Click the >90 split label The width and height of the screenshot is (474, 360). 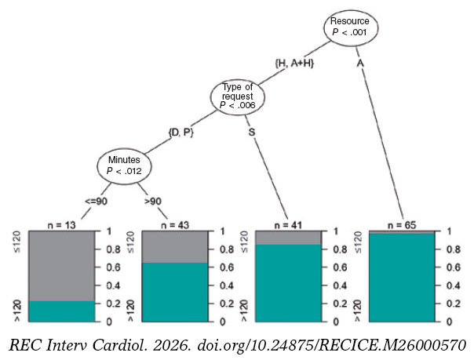coord(153,201)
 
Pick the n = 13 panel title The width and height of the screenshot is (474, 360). coord(62,225)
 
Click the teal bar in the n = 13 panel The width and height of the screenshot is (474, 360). coord(62,311)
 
